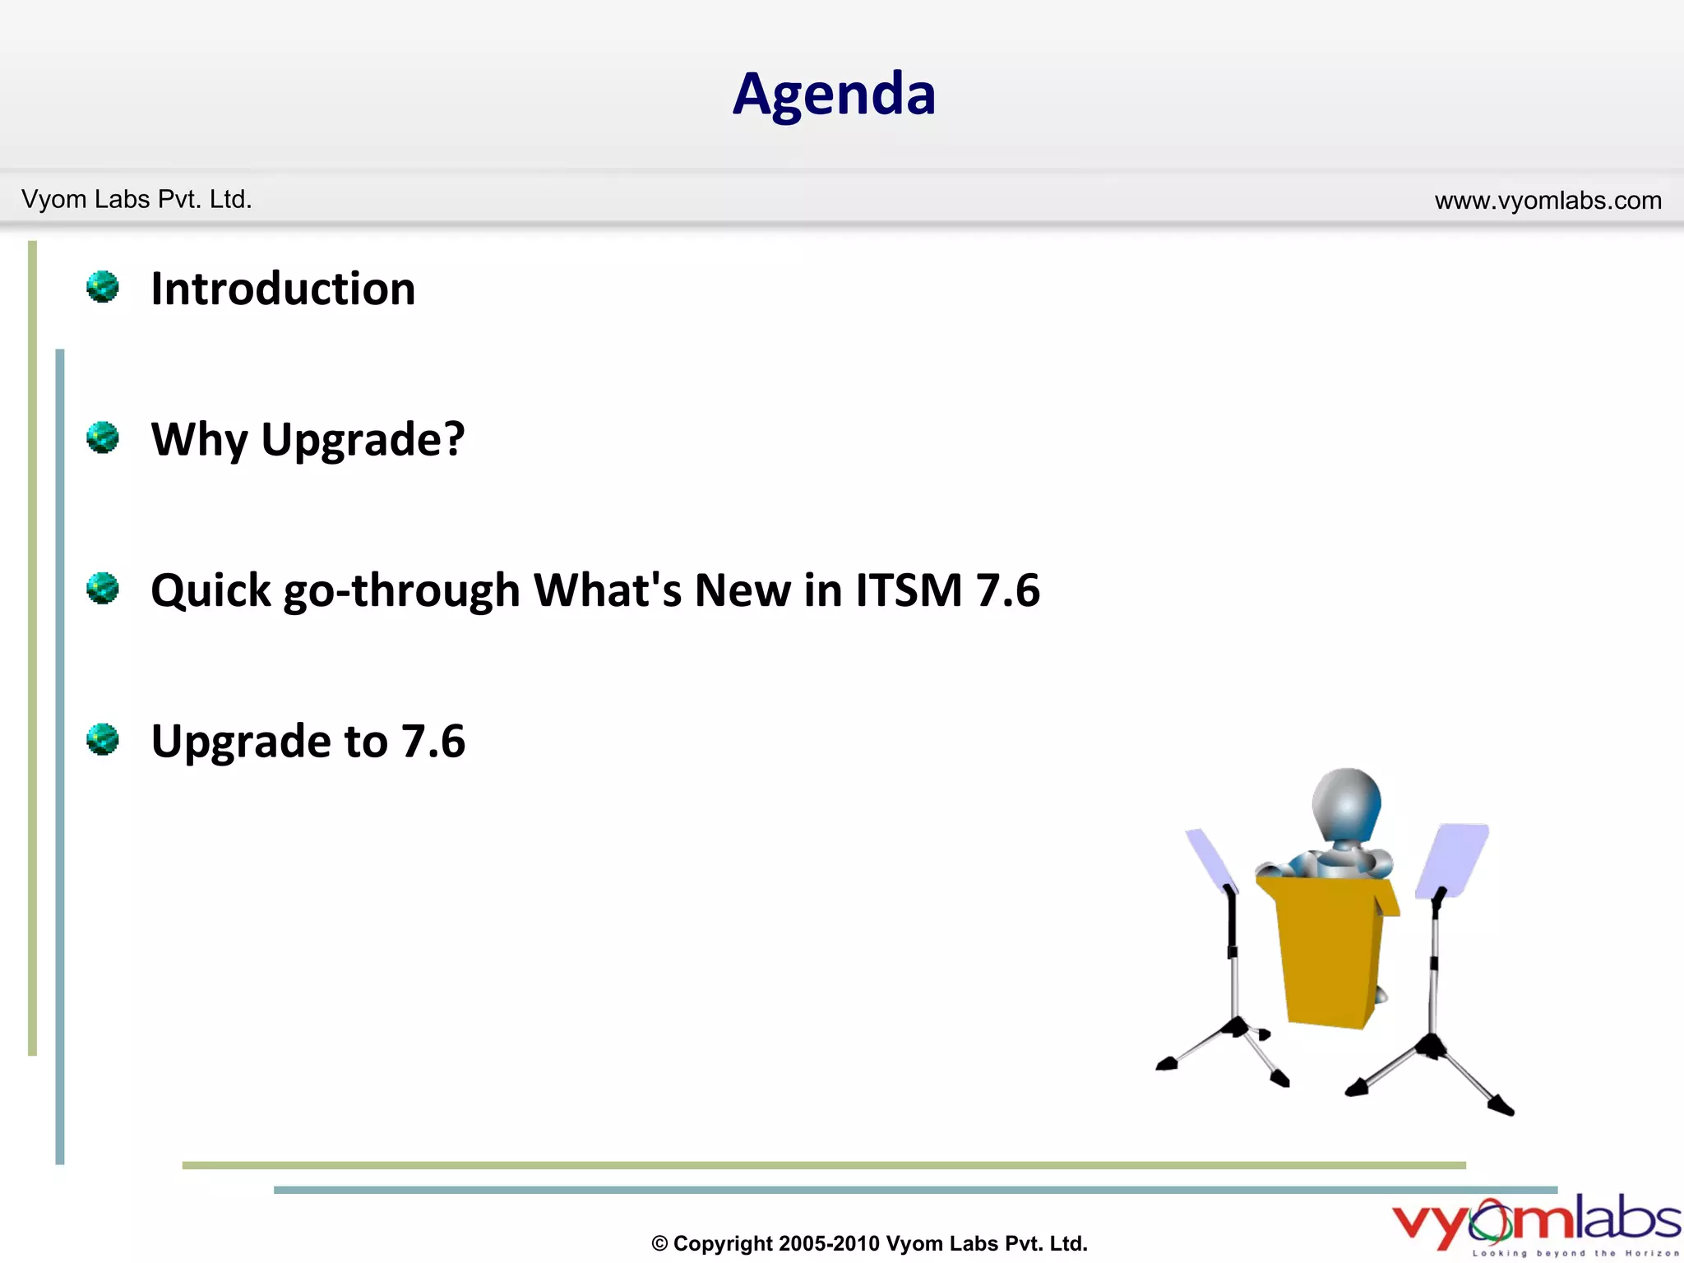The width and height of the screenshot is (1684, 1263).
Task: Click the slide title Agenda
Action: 834,95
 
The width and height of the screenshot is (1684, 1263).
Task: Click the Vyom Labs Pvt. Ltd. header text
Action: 136,200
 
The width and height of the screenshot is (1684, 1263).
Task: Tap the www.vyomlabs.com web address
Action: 1548,201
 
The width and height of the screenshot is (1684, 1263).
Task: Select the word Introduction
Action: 283,289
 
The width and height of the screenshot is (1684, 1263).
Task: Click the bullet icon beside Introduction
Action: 103,287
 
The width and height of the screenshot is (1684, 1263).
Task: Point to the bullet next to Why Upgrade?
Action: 103,437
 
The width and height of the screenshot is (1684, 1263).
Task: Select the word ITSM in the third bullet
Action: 909,590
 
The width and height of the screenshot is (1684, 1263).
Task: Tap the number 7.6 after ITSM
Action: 1007,590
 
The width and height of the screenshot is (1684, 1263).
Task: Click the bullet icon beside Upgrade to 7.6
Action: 103,739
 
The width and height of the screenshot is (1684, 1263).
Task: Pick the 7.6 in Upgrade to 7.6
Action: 433,741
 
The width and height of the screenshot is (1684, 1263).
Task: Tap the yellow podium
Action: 1328,954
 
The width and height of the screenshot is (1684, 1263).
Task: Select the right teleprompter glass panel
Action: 1453,860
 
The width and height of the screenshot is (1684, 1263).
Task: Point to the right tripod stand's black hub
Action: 1432,1046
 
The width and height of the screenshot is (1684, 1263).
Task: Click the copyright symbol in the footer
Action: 659,1244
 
